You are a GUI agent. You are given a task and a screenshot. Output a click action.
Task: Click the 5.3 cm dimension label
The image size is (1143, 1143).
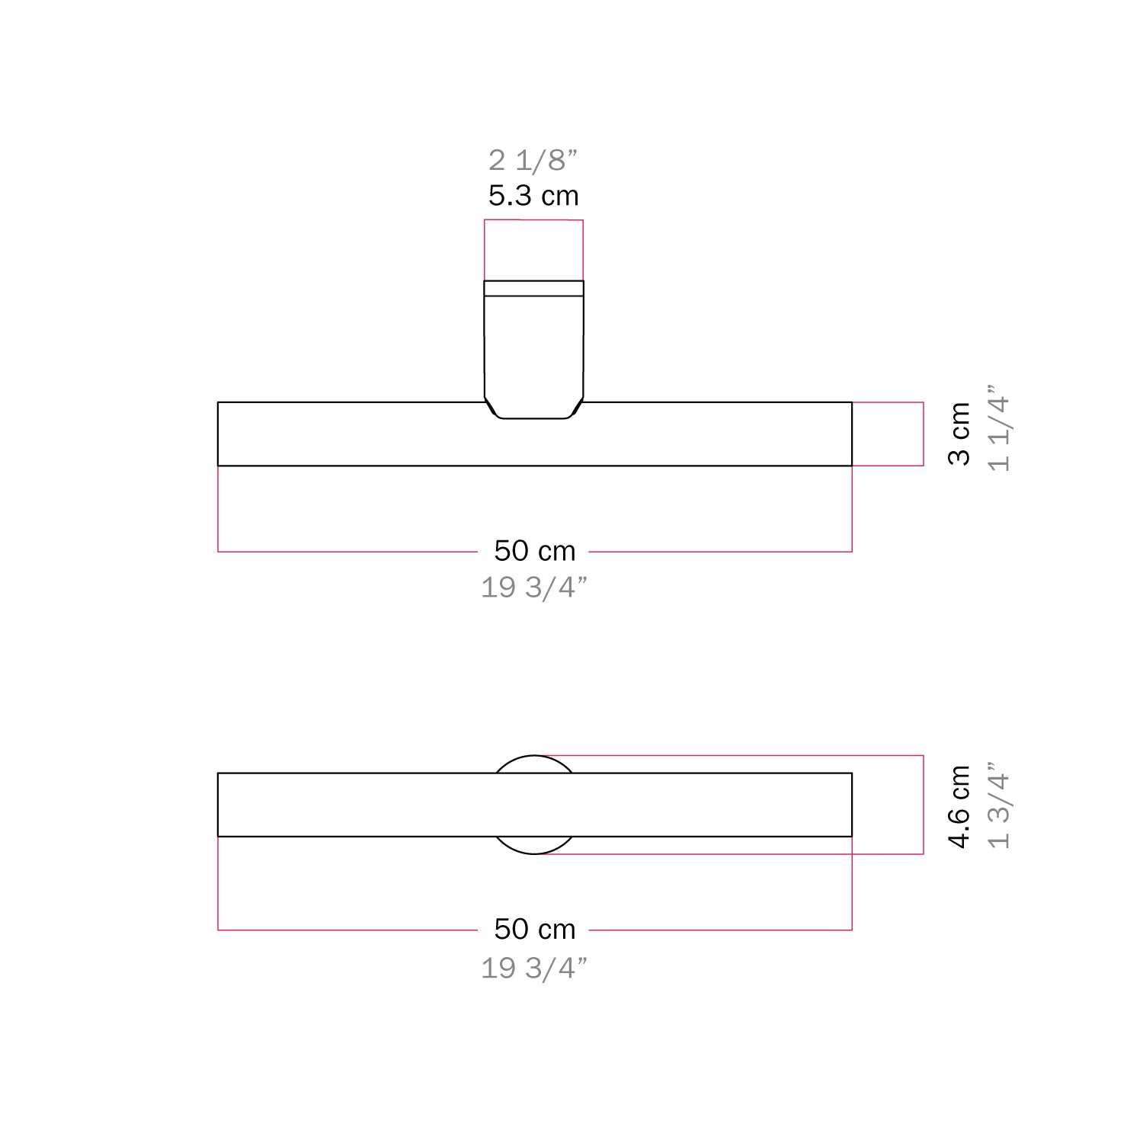(x=533, y=197)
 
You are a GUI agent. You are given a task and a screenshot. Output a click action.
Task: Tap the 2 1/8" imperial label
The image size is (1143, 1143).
(x=533, y=161)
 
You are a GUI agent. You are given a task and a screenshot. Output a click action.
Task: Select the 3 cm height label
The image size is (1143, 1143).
(x=959, y=434)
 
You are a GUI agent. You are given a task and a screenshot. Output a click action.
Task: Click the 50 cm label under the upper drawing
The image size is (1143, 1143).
(x=534, y=551)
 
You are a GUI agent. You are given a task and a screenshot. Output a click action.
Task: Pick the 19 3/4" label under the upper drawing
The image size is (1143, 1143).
(x=534, y=588)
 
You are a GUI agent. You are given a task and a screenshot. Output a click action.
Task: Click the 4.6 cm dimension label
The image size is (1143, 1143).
(x=959, y=806)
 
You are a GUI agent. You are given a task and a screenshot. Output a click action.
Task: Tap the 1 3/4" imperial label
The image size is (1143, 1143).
(x=999, y=806)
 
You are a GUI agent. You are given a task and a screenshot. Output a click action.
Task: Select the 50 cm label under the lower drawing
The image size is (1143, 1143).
(x=534, y=929)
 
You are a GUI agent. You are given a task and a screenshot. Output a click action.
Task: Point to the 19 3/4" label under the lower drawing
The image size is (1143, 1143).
(x=534, y=968)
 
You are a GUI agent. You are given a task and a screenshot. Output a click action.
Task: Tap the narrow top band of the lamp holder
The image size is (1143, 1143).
(x=533, y=288)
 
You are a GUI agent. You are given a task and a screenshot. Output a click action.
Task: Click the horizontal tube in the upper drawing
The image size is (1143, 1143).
(x=343, y=434)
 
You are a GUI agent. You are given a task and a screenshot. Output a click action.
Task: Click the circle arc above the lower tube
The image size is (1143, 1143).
(x=533, y=763)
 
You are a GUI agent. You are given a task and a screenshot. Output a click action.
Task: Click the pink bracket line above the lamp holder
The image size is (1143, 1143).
(x=533, y=220)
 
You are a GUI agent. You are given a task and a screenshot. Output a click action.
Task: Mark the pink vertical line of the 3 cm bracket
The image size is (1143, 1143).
(x=924, y=434)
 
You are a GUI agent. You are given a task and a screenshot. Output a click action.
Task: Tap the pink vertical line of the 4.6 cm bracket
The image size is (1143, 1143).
(x=924, y=805)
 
